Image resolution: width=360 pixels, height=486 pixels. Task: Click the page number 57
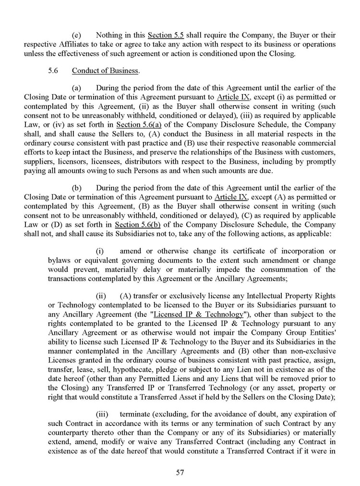180,472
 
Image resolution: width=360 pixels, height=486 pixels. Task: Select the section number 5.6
53,71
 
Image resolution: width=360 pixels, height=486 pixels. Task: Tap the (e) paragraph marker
76,35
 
